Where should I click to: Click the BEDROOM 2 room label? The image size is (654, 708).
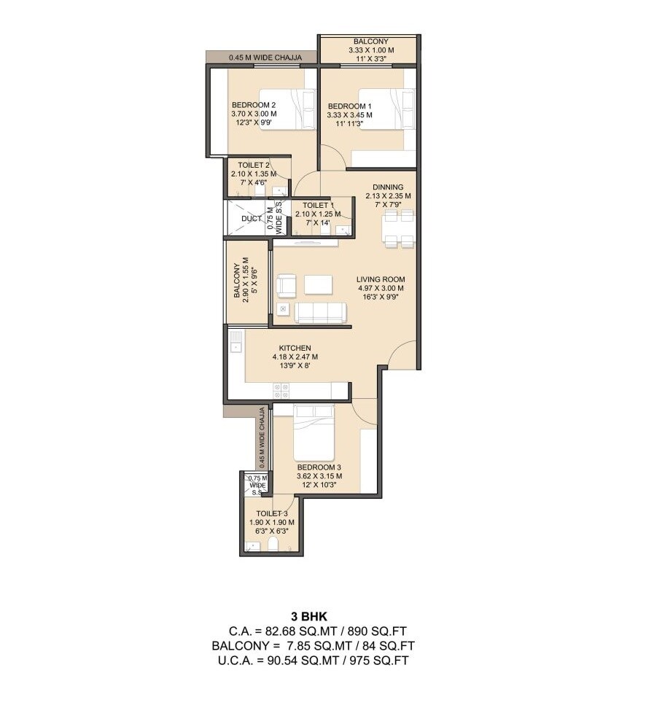(x=252, y=104)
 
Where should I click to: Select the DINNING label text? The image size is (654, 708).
(x=387, y=187)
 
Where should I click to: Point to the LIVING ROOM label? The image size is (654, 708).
(x=381, y=279)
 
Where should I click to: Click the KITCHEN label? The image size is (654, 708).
(x=295, y=348)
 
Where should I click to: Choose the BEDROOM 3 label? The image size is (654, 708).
(x=319, y=467)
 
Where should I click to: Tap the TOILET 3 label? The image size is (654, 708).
(x=271, y=513)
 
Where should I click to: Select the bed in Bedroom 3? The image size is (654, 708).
(x=314, y=431)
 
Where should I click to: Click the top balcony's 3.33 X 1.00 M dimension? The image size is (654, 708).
(x=371, y=51)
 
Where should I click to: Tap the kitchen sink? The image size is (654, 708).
(x=236, y=343)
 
